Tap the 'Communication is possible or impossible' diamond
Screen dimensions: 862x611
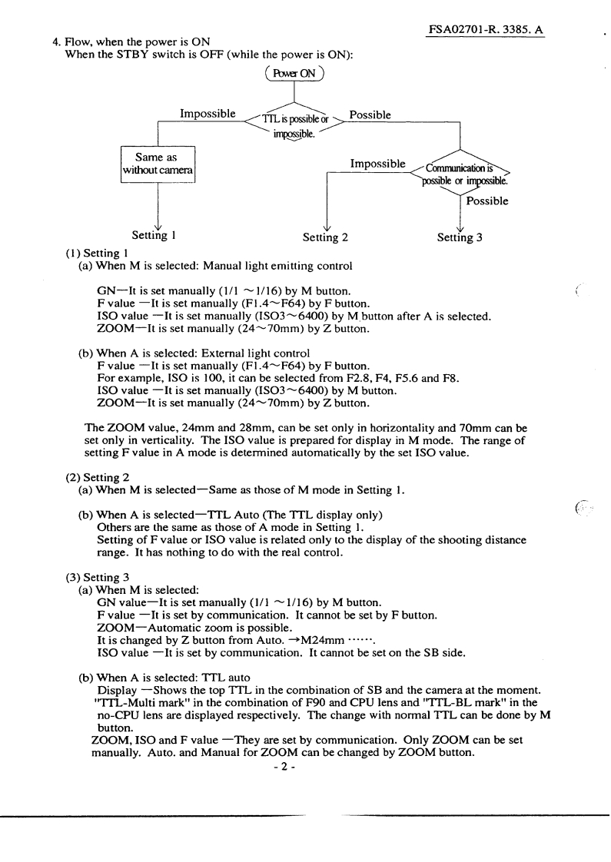click(x=460, y=176)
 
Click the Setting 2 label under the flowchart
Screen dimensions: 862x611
click(x=325, y=237)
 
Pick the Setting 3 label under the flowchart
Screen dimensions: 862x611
click(x=460, y=237)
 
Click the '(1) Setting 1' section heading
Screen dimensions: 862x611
click(x=96, y=251)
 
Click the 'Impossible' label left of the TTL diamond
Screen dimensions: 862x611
click(x=208, y=114)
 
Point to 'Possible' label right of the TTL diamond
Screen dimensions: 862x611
click(x=370, y=114)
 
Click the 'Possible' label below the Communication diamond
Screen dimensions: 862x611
click(x=487, y=201)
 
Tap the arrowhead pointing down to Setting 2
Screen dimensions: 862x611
click(x=327, y=227)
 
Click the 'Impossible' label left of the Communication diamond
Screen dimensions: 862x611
click(x=377, y=164)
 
